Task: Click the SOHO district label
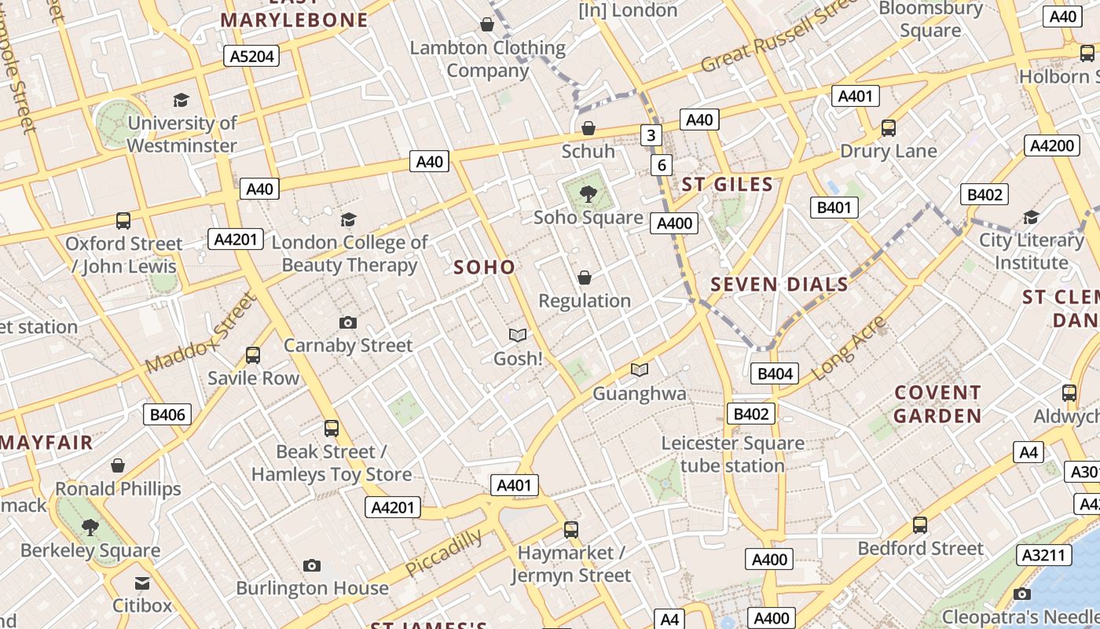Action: click(485, 267)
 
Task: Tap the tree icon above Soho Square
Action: click(587, 193)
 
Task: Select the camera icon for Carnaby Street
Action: click(347, 322)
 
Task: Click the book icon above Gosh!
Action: click(517, 336)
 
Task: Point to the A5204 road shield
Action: click(251, 55)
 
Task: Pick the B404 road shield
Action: click(775, 373)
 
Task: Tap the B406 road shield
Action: click(167, 414)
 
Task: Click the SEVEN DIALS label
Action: click(779, 285)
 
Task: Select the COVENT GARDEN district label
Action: click(938, 404)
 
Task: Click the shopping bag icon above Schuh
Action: click(588, 128)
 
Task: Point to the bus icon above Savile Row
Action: click(253, 355)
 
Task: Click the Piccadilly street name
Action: click(444, 553)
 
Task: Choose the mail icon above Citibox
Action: click(142, 583)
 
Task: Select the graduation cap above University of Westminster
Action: click(181, 100)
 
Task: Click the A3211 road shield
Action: click(1044, 555)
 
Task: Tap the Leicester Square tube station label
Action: click(732, 454)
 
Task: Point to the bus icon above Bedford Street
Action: click(920, 524)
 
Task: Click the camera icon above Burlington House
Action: click(312, 565)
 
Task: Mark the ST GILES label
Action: click(728, 185)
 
